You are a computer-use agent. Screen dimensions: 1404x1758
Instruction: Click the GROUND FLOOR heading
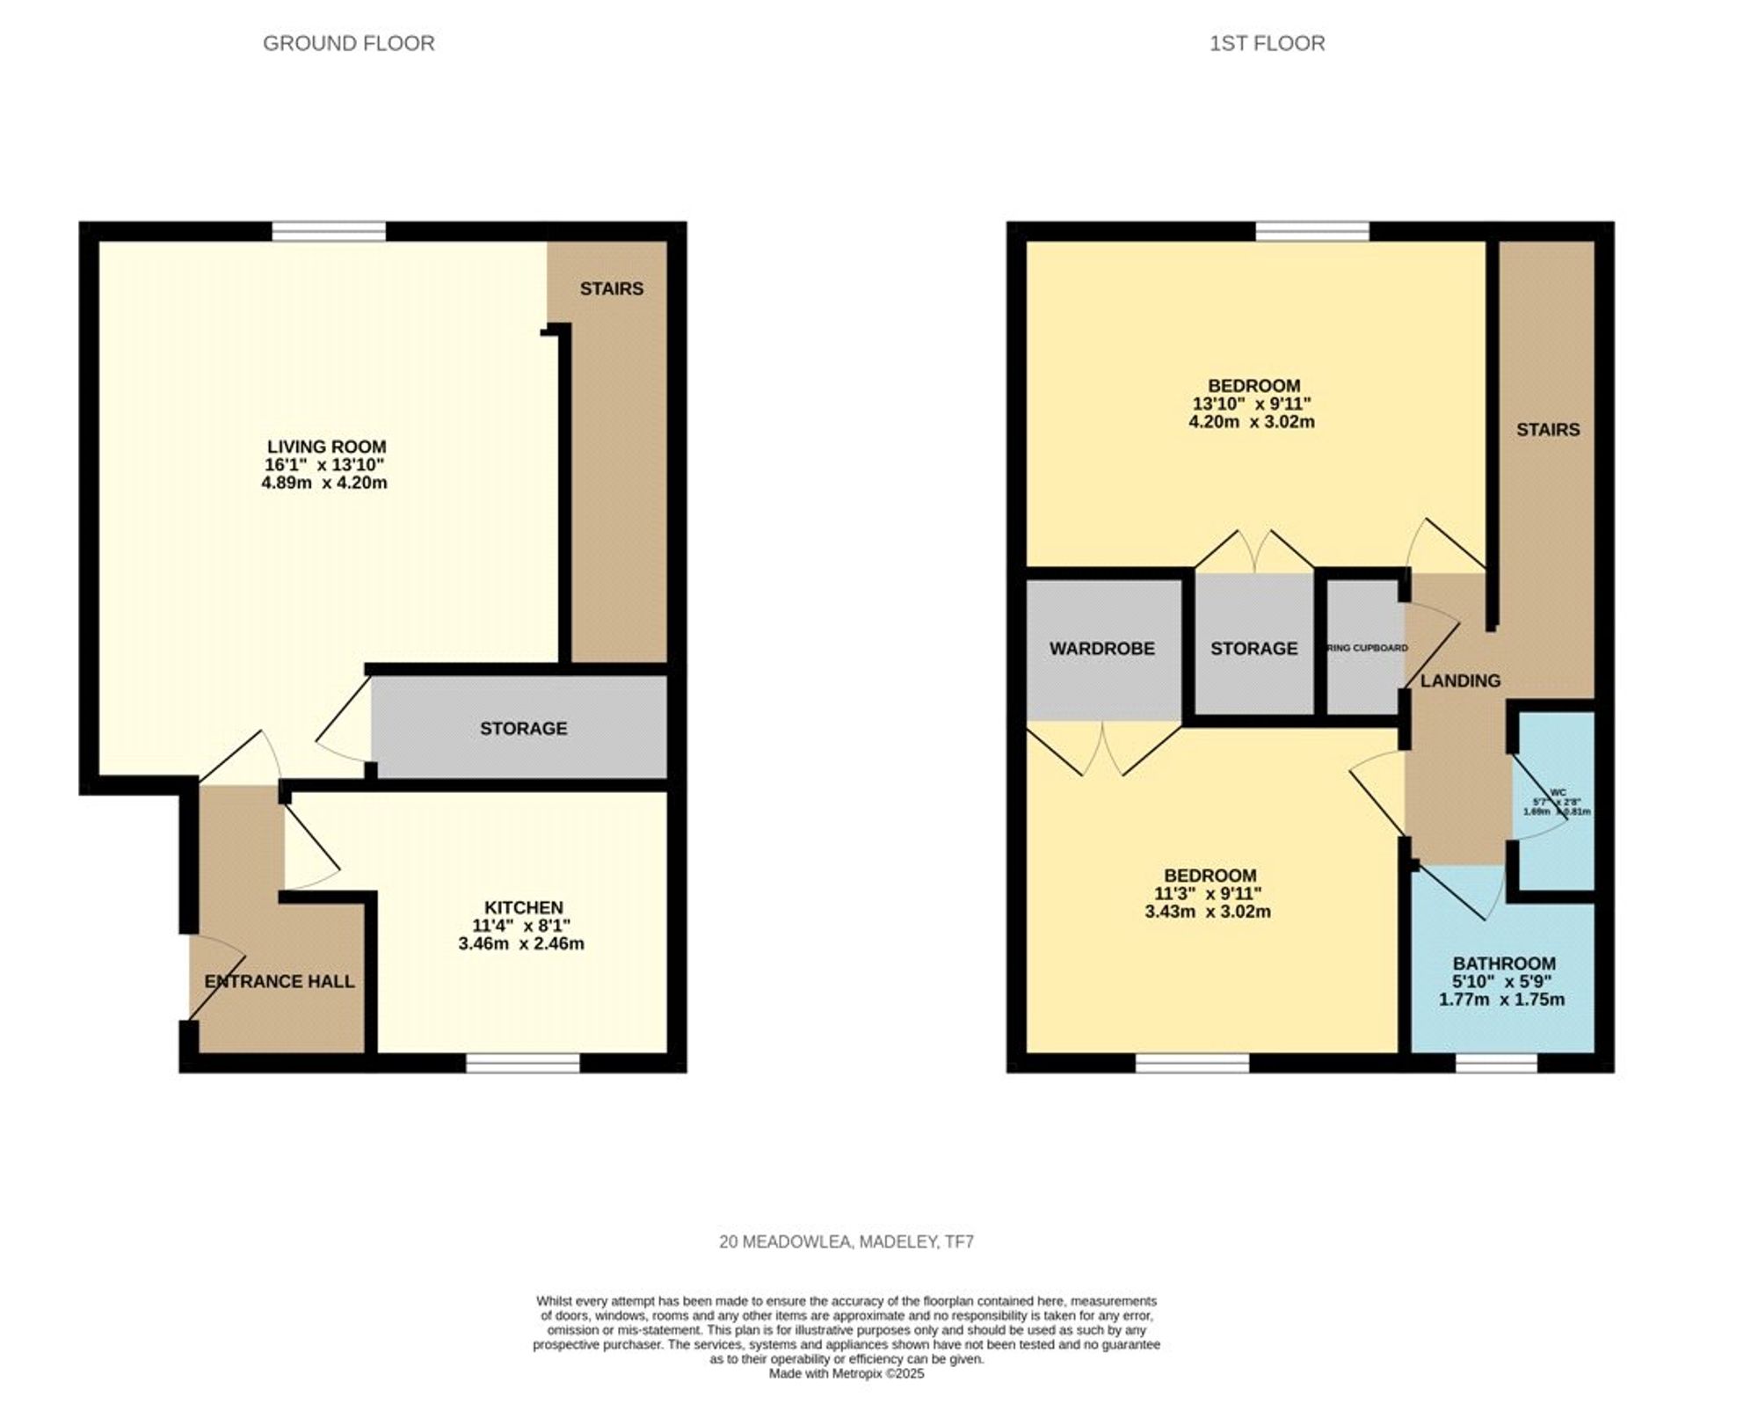(x=348, y=43)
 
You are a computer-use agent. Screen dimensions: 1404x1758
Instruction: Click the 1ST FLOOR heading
(x=1267, y=43)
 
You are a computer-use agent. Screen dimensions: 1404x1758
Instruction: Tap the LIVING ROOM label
(x=326, y=447)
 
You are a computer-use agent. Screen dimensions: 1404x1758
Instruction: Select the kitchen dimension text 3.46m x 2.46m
(x=521, y=944)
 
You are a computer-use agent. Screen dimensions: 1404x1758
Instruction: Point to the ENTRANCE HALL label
(x=280, y=981)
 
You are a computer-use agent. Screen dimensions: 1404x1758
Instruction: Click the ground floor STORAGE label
(x=523, y=728)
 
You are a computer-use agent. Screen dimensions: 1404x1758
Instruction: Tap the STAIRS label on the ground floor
(x=611, y=288)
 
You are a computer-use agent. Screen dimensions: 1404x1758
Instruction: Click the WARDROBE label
(x=1101, y=648)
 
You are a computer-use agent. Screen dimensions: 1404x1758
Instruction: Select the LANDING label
(x=1460, y=680)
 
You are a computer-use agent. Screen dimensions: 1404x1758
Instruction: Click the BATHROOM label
(x=1504, y=963)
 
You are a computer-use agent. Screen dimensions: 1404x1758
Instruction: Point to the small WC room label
(x=1558, y=793)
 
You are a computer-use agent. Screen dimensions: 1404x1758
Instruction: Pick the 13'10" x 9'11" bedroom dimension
(x=1252, y=404)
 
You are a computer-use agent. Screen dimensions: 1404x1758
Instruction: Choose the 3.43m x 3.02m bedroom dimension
(x=1208, y=912)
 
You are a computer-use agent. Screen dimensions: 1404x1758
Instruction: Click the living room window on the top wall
(x=329, y=231)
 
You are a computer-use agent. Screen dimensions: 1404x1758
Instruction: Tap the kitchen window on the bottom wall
(x=523, y=1063)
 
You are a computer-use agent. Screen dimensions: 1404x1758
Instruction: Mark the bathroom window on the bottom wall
(x=1496, y=1063)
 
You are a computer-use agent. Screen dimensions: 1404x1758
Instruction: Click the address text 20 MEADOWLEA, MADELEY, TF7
(x=846, y=1242)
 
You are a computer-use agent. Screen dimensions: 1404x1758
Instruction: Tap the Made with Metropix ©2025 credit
(x=846, y=1373)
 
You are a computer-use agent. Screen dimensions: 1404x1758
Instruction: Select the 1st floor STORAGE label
(x=1253, y=648)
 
